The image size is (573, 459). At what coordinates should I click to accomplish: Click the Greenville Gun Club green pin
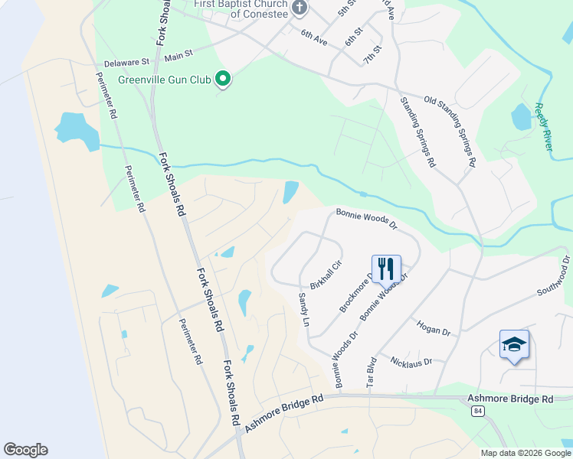tap(223, 78)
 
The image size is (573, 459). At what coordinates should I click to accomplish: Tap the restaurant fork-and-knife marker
tap(385, 269)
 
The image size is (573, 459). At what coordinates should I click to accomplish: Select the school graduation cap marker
tap(514, 345)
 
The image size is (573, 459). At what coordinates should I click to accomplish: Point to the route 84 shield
tap(479, 412)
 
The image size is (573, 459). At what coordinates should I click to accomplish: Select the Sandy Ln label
tap(303, 310)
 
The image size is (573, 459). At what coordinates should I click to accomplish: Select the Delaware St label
tap(126, 61)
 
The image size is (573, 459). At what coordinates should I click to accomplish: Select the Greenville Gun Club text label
tap(164, 79)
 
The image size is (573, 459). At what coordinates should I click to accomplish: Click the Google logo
tap(25, 450)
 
